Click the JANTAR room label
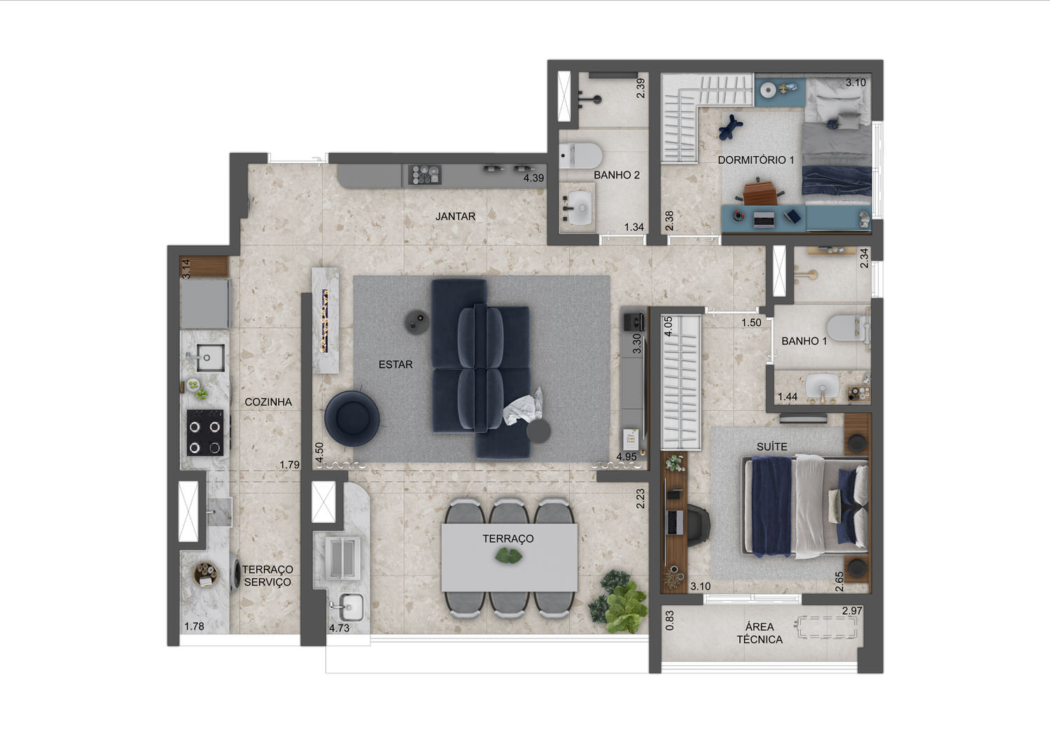coord(455,216)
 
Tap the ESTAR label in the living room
coord(395,365)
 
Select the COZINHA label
coord(268,402)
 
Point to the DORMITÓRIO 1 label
coord(756,160)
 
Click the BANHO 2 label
coord(617,175)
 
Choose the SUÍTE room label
coord(771,447)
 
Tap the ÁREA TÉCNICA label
coord(759,633)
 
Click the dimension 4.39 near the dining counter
coord(533,178)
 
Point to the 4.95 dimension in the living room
coord(626,456)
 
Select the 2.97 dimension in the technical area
coord(852,610)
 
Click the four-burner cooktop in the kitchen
coord(205,433)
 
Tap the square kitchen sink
coord(210,358)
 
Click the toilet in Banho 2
coord(580,155)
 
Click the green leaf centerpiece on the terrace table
coord(509,557)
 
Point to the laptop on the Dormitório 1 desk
coord(764,219)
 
